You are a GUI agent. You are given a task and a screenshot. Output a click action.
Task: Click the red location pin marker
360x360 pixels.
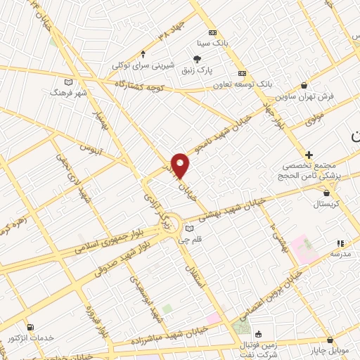pyautogui.click(x=181, y=165)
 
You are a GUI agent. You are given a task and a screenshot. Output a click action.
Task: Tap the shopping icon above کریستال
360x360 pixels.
pyautogui.click(x=326, y=191)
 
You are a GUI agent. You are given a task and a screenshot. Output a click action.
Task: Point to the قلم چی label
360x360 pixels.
pyautogui.click(x=190, y=239)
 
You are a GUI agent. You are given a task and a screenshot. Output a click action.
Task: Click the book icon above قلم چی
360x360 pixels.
pyautogui.click(x=188, y=227)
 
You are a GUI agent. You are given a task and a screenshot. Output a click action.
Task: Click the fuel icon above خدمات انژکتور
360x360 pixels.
pyautogui.click(x=30, y=327)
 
